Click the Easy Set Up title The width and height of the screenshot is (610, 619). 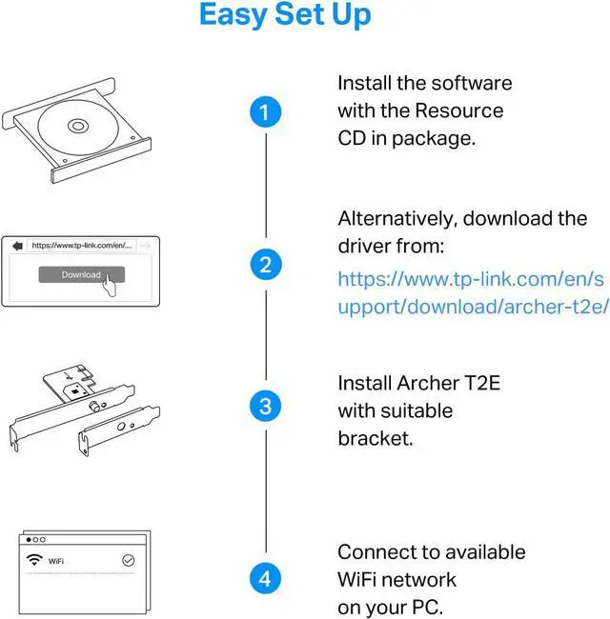285,16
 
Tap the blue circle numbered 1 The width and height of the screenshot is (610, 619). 266,111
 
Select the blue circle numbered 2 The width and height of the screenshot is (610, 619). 266,264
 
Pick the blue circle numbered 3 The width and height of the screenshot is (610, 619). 266,408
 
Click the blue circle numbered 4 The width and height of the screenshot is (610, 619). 266,577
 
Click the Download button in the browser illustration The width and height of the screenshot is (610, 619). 81,274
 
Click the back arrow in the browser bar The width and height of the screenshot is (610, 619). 16,245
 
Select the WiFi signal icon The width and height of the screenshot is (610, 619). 34,560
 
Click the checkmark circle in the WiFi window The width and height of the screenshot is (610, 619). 129,561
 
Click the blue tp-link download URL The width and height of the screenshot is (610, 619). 472,294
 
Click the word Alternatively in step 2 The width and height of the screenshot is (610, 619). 397,218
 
